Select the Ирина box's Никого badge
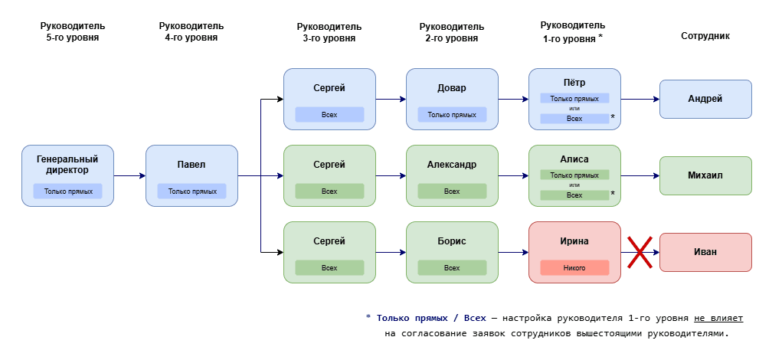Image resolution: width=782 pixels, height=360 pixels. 574,268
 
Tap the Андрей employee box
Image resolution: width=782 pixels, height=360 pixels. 705,99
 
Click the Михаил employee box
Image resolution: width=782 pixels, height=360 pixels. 705,175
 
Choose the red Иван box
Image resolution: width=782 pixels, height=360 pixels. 705,252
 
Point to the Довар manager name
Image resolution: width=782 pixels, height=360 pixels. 452,88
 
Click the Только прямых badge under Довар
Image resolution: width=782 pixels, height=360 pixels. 452,115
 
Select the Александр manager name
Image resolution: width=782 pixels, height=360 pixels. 452,165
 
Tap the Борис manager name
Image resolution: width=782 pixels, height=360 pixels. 452,241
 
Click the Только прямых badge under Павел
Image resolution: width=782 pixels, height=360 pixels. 191,191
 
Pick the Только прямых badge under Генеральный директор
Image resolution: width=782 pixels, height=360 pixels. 68,191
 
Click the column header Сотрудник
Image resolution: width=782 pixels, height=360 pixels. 705,35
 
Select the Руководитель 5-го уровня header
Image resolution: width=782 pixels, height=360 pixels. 68,31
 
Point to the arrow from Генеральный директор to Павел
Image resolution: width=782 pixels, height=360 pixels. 129,176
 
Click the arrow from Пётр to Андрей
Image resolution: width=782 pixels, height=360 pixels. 640,99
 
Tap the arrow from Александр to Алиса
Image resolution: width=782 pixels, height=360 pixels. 513,175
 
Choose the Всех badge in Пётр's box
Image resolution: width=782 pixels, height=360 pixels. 574,119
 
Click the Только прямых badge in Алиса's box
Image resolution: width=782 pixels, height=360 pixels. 574,175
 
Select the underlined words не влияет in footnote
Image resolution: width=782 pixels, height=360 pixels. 719,317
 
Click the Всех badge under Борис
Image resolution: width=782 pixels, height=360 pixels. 452,268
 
